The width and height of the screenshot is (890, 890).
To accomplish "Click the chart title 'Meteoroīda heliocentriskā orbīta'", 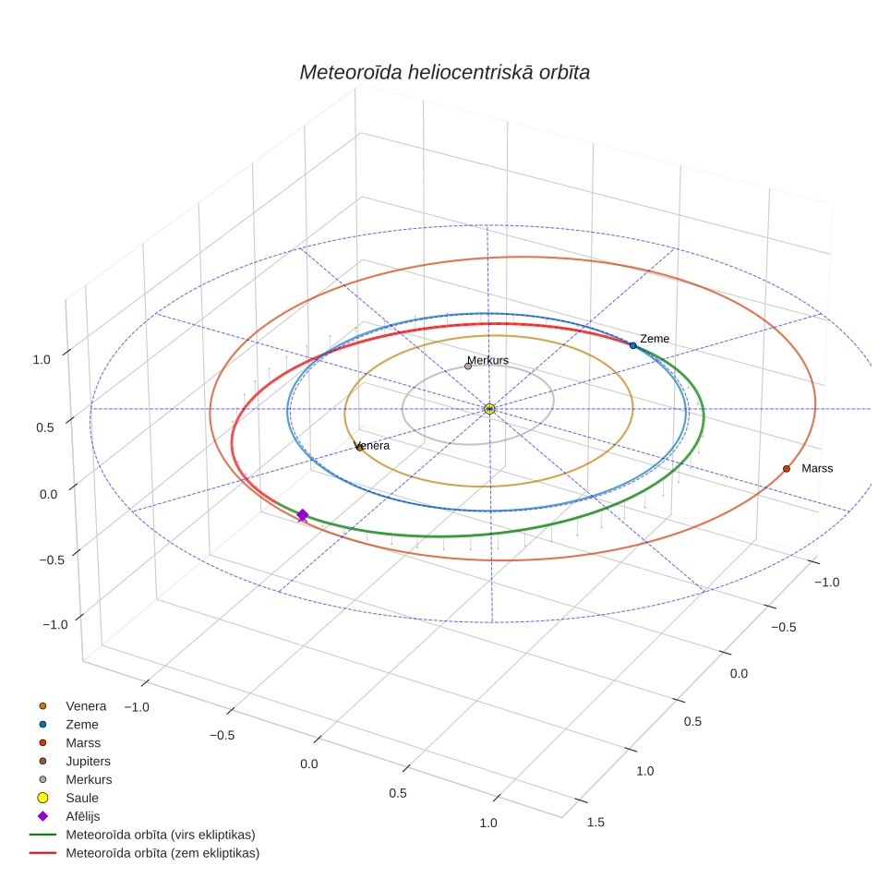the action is coord(444,72).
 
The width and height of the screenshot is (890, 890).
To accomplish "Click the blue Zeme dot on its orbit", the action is coord(632,345).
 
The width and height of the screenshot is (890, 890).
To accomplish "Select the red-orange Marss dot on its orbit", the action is coord(786,468).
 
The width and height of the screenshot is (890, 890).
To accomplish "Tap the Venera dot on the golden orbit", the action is coord(359,448).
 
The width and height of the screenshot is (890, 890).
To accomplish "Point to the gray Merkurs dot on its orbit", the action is coord(468,367).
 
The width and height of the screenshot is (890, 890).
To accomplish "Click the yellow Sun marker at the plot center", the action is coord(489,409).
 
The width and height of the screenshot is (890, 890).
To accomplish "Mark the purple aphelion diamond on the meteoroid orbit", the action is coord(303,515).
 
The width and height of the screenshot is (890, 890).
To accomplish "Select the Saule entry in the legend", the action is coord(67,798).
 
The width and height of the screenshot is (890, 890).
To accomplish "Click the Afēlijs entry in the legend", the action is coord(68,816).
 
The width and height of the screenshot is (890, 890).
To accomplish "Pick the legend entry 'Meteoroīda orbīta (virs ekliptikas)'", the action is coord(142,835).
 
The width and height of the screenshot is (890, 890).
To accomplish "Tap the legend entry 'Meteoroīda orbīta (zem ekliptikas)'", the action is coord(144,853).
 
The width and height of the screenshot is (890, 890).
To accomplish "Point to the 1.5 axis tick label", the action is coord(595,822).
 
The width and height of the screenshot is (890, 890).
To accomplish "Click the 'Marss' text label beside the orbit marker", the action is coord(817,468).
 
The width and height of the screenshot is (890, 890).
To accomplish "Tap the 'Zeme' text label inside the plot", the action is coord(655,339).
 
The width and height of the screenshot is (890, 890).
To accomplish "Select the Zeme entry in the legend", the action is coord(68,724).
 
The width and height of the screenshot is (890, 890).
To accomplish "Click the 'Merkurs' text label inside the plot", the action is coord(487,360).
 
